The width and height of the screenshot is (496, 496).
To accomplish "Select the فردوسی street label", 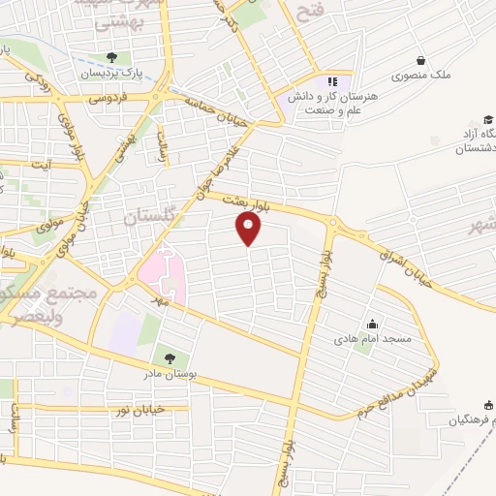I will [108, 99].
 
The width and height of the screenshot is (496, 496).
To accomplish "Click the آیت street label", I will [40, 166].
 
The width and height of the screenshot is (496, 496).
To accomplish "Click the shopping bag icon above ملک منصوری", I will [419, 59].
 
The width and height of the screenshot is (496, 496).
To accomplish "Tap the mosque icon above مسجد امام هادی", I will [373, 324].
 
